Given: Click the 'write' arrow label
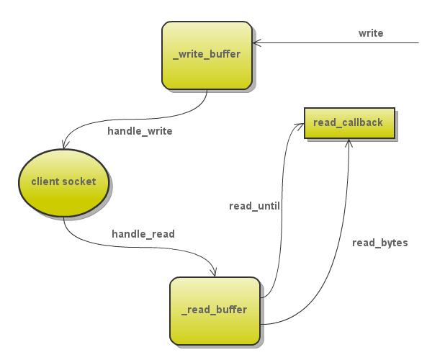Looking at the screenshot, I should [371, 33].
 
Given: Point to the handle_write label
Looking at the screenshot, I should [140, 131].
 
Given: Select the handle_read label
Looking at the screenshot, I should [143, 234].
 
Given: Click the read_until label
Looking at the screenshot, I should [254, 206].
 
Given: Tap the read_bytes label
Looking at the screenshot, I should [379, 243].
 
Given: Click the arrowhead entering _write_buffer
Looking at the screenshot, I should [256, 43].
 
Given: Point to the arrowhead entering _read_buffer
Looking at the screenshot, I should [213, 272].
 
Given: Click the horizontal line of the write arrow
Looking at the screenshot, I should [338, 43].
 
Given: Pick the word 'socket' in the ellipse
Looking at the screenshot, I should [79, 181].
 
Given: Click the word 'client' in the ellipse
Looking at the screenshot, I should [46, 181].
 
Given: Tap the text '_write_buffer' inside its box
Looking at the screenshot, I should [206, 55].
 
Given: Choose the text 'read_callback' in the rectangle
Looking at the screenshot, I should [348, 122].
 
